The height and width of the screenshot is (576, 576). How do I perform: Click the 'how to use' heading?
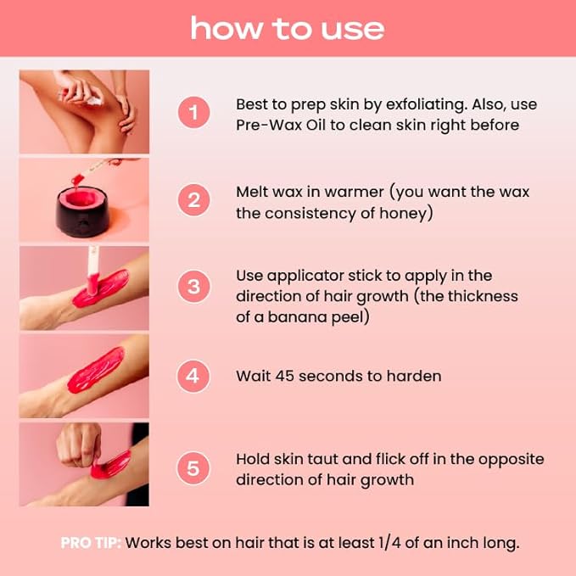288,28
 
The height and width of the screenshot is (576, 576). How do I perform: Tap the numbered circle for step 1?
193,112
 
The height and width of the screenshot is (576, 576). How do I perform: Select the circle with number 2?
193,200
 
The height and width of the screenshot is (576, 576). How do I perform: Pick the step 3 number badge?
193,287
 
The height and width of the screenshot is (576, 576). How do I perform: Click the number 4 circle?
193,375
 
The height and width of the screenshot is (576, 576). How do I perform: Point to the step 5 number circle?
193,468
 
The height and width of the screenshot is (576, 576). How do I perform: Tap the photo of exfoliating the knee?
84,111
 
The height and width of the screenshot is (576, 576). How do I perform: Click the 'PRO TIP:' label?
90,542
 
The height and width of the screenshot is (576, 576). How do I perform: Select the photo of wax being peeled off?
84,464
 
